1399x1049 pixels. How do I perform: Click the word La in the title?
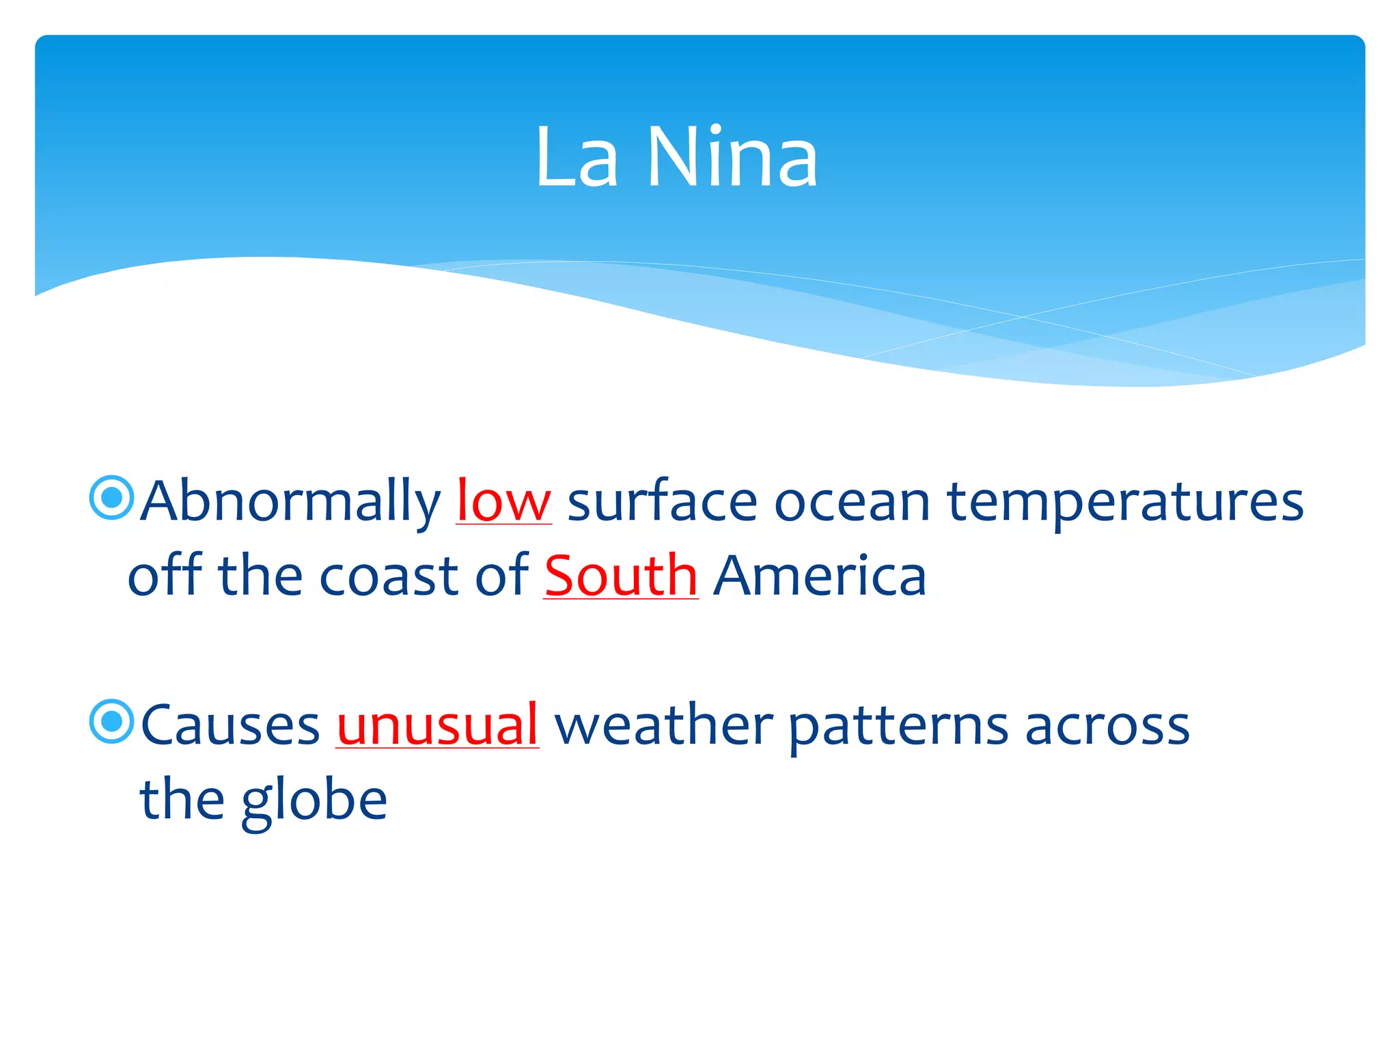click(577, 158)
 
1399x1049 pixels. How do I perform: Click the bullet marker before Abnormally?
click(111, 498)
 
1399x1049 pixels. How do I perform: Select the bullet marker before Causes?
click(111, 721)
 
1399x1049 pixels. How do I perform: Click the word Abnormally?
click(291, 503)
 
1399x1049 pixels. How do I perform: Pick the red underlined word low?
click(503, 501)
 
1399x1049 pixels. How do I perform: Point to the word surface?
click(662, 501)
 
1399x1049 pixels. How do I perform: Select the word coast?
click(388, 576)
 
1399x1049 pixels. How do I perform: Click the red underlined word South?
click(620, 576)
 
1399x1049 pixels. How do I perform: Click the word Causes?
click(230, 725)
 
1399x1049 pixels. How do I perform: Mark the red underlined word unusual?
click(437, 725)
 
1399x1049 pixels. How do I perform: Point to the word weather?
click(663, 725)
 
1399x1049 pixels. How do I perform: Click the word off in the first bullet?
click(165, 575)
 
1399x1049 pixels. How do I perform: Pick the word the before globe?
click(182, 800)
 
